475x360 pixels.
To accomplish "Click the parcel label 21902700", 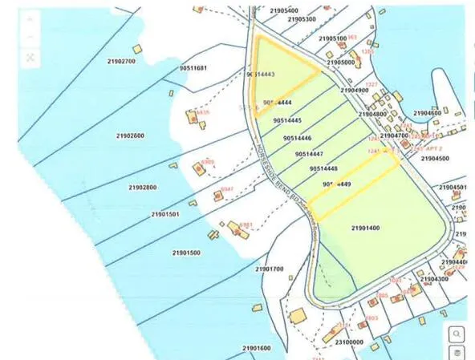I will pos(121,61).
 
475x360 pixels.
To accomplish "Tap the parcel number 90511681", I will pos(193,68).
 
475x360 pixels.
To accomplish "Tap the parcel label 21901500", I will pos(185,253).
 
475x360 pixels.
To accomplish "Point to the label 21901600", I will pos(256,348).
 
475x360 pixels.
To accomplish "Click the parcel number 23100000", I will pos(349,342).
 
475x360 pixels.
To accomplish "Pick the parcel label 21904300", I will pos(433,279).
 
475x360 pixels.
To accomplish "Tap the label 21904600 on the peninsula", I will pos(426,113).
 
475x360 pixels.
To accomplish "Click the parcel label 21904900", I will pos(355,91).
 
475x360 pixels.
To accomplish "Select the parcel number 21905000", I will pos(341,62).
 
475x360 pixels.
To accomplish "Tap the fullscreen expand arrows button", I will pos(30,57).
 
